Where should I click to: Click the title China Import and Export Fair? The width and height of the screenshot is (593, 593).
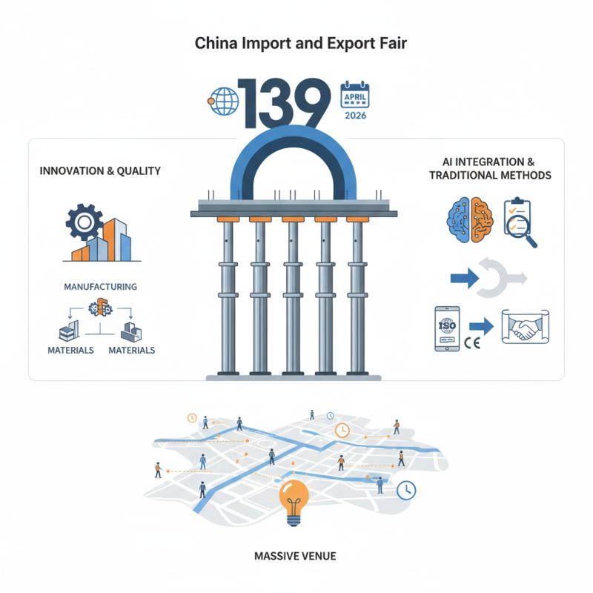(x=296, y=44)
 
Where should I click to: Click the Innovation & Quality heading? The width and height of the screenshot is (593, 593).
(x=99, y=171)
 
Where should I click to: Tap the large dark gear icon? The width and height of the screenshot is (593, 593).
(x=83, y=220)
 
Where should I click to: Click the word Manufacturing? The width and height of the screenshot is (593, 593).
(x=100, y=286)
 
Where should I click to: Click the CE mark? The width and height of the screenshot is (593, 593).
(x=473, y=342)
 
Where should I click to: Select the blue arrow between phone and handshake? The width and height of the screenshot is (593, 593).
(x=483, y=325)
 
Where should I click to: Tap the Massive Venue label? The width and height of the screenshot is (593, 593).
(x=296, y=554)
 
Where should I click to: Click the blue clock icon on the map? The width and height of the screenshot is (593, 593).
(x=405, y=489)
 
